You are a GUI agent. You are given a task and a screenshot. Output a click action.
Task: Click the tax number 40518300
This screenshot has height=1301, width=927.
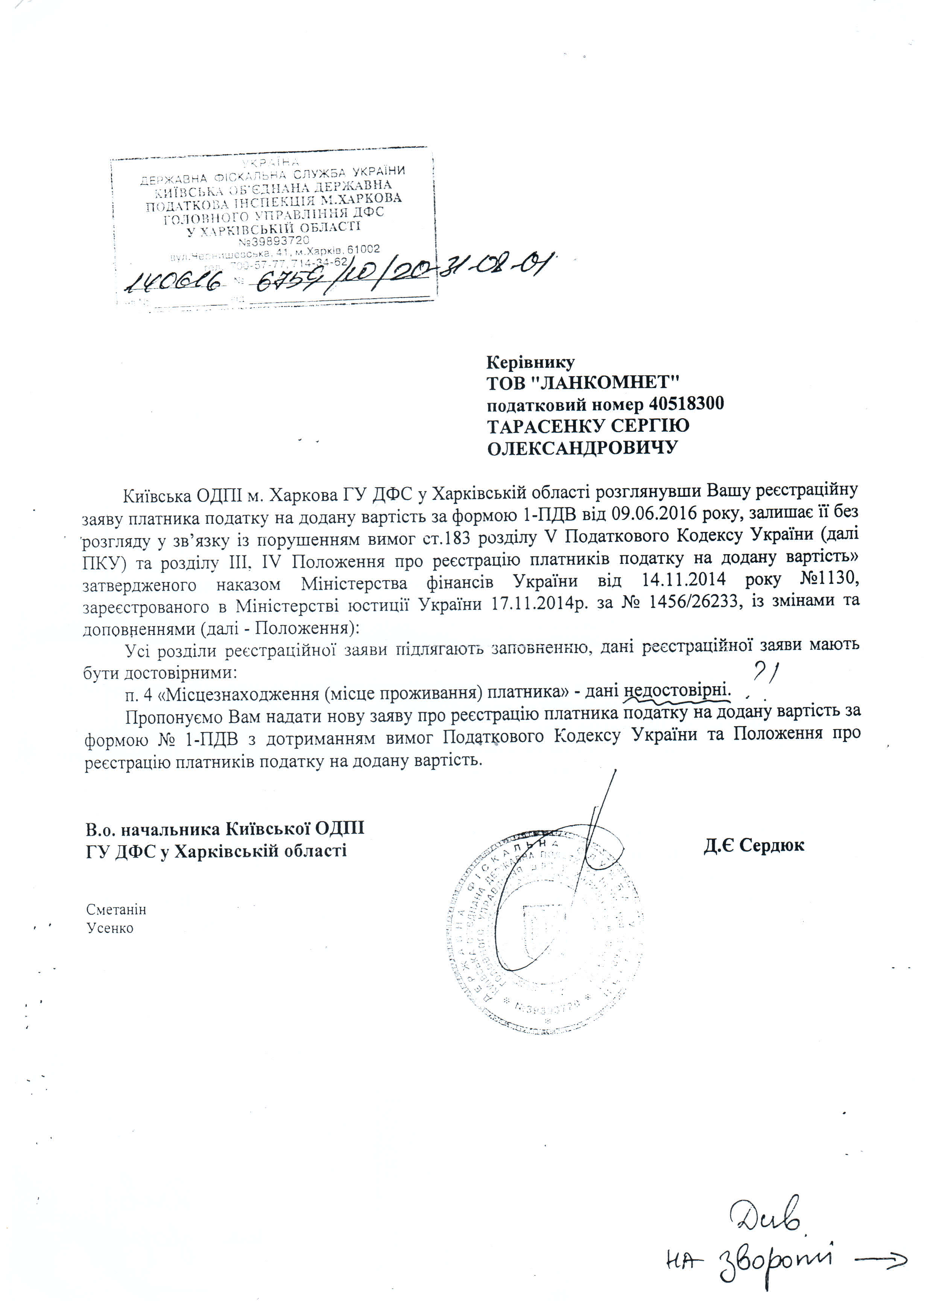pyautogui.click(x=686, y=404)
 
